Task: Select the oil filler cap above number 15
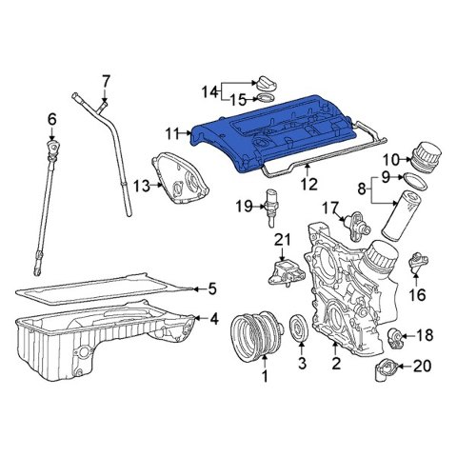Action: pyautogui.click(x=266, y=83)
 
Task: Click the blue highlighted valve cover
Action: pyautogui.click(x=273, y=133)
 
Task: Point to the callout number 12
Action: pyautogui.click(x=308, y=184)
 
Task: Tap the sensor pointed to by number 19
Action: pyautogui.click(x=269, y=208)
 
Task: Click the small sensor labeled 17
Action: pyautogui.click(x=357, y=225)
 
